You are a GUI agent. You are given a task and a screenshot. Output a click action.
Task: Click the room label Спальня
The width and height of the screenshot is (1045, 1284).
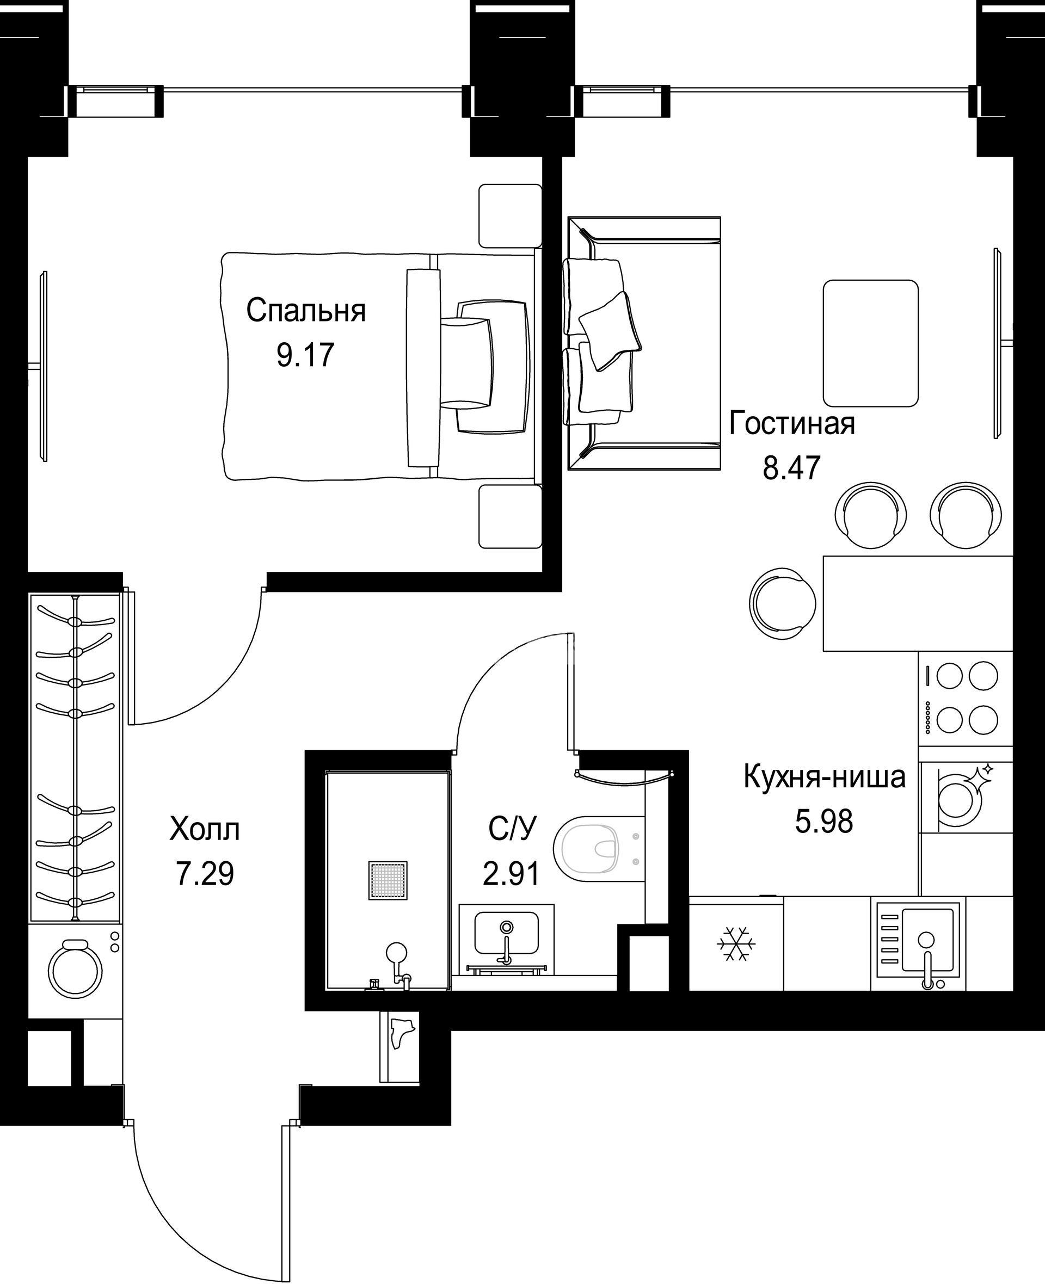point(306,311)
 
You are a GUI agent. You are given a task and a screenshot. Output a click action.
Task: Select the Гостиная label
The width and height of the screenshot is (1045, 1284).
point(791,424)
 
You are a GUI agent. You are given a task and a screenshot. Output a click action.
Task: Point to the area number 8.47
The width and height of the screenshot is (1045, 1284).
point(791,467)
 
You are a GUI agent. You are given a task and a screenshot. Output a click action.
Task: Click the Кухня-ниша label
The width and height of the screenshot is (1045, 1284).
point(824,777)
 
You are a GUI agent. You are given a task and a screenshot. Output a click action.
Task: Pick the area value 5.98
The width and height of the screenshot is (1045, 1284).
point(824,822)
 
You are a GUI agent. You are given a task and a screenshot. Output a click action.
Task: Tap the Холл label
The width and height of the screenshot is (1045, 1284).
point(205,829)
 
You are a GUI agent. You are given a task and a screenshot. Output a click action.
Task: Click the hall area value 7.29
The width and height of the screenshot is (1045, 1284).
point(205,874)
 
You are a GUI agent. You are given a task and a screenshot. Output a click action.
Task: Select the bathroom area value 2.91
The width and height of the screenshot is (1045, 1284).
point(511,874)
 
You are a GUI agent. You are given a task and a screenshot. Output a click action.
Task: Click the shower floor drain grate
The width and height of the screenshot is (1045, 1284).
point(388,881)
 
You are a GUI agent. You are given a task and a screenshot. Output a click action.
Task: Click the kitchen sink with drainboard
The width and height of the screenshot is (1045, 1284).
point(918,943)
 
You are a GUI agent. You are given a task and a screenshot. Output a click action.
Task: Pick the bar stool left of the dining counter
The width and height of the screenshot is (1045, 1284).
point(782,603)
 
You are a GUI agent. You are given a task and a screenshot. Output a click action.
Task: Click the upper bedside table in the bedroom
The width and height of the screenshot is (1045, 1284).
point(511,216)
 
